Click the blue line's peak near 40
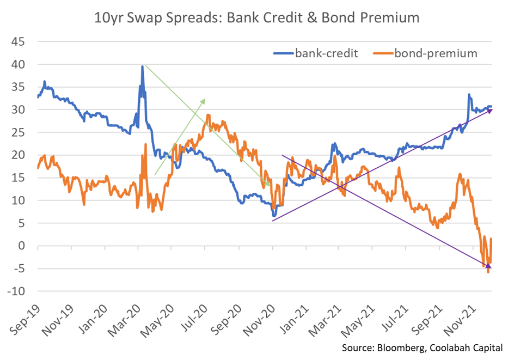143,66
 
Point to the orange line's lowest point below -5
488,272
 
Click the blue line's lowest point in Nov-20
274,216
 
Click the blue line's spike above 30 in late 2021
469,95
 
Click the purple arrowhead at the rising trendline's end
489,110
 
